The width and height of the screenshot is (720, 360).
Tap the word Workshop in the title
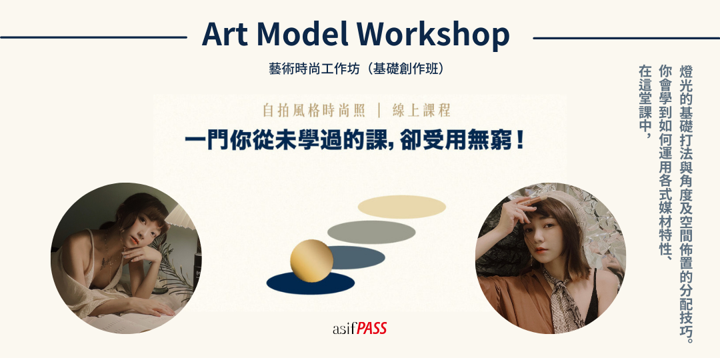tap(433, 35)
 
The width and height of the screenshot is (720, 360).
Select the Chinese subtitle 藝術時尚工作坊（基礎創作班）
tap(357, 69)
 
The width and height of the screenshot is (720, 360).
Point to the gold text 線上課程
tap(421, 110)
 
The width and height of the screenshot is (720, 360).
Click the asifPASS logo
tap(359, 328)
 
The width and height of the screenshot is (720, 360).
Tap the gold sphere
tap(311, 261)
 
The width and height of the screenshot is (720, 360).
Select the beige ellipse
tap(402, 207)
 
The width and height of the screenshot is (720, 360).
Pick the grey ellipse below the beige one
tap(371, 232)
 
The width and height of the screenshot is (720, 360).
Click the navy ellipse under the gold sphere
tap(311, 283)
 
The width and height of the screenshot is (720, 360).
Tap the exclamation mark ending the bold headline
tap(520, 141)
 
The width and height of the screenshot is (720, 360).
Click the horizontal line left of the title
tap(94, 37)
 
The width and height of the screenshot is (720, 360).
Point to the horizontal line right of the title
tap(626, 38)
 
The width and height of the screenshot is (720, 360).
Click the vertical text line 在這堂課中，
tap(645, 102)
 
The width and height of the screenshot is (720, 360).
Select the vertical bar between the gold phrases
tap(379, 111)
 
